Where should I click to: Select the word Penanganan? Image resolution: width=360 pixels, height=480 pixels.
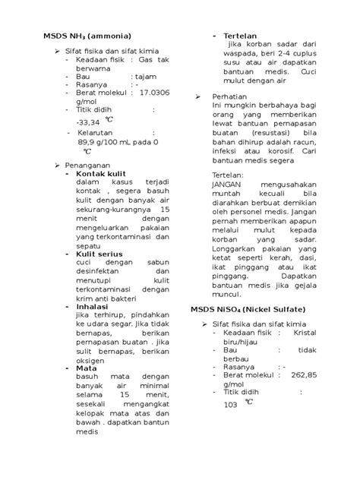[x=92, y=164]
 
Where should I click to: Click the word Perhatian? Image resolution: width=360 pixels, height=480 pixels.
[x=232, y=98]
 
